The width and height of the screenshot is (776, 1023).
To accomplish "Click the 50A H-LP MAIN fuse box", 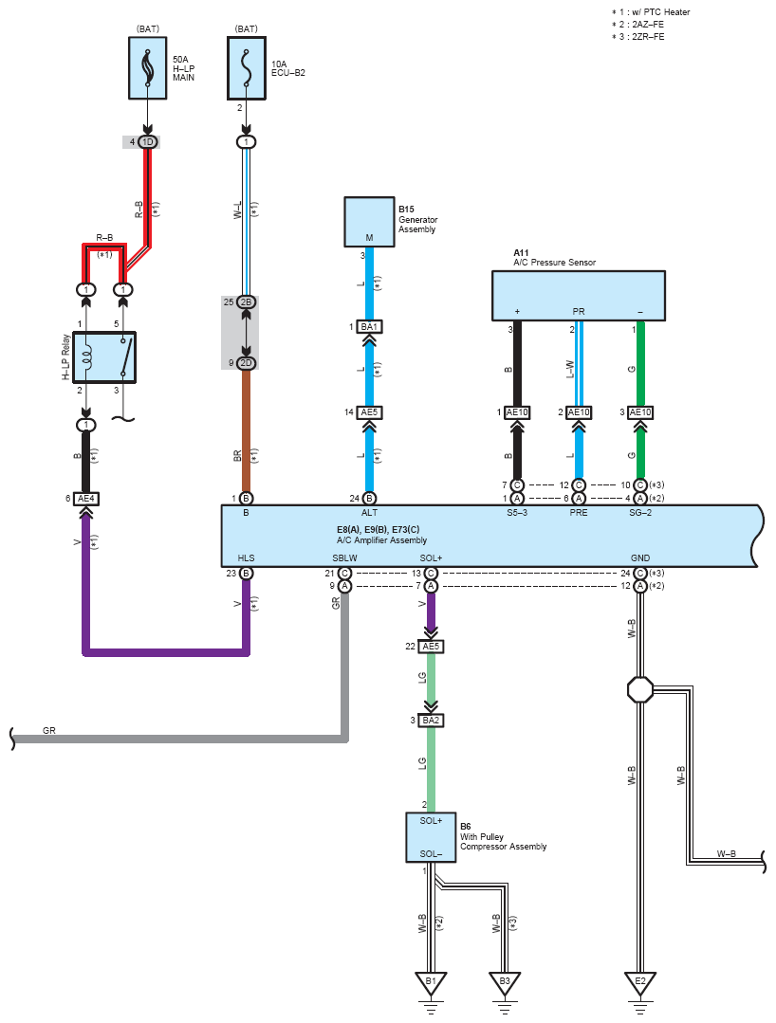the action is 147,68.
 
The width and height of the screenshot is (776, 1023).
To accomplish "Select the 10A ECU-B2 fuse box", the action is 246,68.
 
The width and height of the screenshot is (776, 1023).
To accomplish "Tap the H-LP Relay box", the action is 104,356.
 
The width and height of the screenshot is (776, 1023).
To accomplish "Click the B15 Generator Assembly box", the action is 369,222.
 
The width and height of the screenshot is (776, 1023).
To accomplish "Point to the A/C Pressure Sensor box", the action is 579,296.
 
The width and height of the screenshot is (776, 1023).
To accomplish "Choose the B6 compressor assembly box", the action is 431,837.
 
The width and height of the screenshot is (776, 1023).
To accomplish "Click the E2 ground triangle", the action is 640,983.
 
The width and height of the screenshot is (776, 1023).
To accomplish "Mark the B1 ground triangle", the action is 431,983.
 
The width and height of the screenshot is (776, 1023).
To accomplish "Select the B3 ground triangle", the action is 505,983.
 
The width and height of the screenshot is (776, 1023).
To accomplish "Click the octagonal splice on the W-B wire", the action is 640,689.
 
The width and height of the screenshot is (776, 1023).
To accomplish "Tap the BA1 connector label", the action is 369,326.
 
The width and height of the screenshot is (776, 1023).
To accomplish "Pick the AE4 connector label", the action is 86,499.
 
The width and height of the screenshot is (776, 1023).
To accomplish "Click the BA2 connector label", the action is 431,721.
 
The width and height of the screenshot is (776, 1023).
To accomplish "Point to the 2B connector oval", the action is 246,302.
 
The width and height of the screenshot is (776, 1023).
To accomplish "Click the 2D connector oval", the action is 246,363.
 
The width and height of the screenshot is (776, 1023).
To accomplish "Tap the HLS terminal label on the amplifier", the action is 246,557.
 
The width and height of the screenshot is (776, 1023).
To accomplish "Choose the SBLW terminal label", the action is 344,557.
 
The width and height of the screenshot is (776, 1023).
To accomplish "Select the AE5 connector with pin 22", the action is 431,646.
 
